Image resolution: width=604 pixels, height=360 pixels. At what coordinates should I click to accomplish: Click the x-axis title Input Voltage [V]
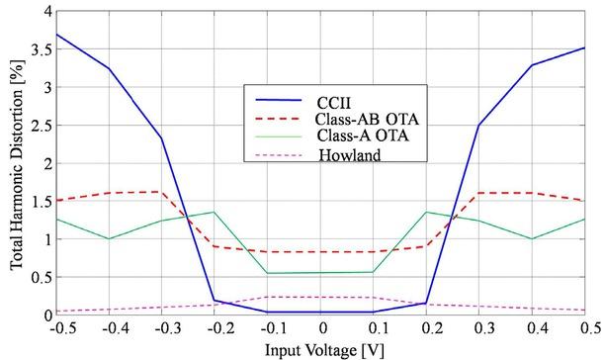coord(319,350)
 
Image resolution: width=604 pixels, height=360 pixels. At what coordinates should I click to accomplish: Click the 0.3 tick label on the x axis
coord(479,328)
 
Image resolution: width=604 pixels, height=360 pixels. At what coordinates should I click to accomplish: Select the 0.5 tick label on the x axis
coord(585,328)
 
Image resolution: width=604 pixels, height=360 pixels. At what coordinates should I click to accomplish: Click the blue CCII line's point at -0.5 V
coord(56,35)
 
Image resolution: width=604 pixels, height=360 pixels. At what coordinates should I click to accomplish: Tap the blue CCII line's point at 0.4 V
coord(532,65)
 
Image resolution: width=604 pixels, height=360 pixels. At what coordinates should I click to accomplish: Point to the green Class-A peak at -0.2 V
coord(215,212)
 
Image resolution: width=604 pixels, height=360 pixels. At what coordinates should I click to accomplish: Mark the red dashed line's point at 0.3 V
coord(479,193)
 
